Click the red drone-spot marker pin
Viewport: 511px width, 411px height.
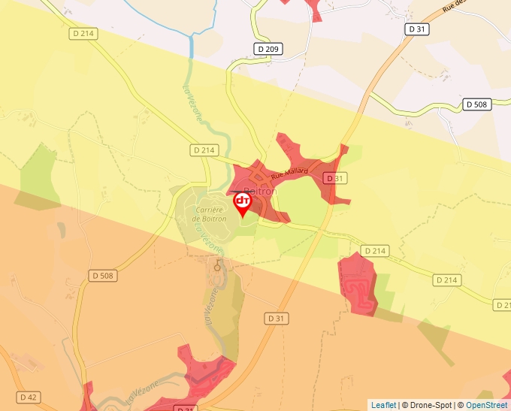(243, 204)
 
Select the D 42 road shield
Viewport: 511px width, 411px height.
(28, 397)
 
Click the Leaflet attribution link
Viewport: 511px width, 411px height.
(383, 405)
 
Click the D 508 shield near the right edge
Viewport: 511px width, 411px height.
(477, 104)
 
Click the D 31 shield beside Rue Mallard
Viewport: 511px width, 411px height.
(334, 178)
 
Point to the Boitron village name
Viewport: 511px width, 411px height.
(260, 192)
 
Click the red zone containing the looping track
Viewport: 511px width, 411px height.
(358, 284)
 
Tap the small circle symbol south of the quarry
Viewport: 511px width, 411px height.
(218, 267)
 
